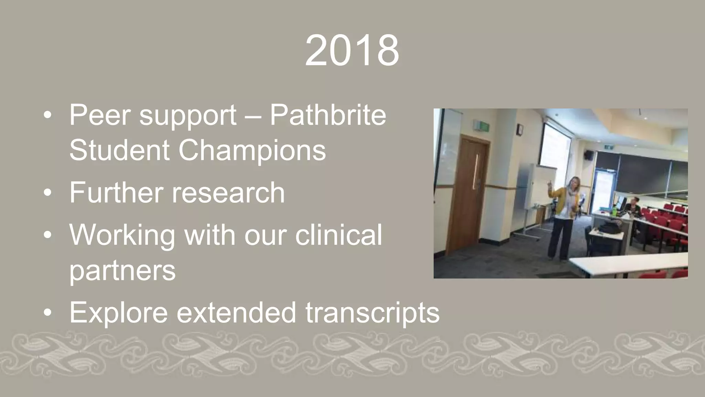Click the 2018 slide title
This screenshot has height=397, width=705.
(352, 51)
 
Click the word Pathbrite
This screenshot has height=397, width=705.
(328, 115)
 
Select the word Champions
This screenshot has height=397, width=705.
(252, 150)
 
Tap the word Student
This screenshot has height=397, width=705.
(119, 150)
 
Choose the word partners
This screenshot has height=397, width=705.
(123, 270)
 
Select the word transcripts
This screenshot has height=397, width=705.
(372, 312)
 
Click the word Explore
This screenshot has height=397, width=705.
(118, 312)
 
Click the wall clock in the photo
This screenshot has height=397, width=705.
(519, 130)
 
